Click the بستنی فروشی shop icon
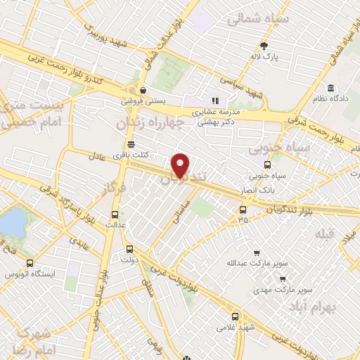[143, 90]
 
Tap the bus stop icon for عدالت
[116, 214]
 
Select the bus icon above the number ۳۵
[243, 209]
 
